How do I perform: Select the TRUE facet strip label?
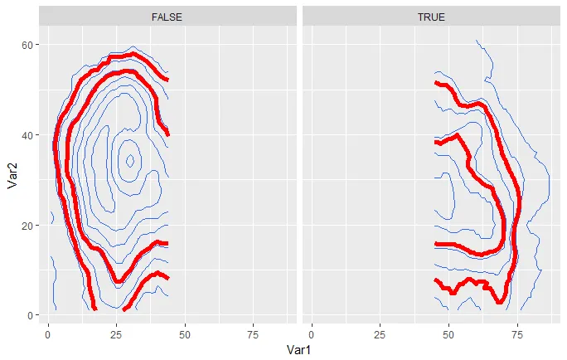(x=431, y=16)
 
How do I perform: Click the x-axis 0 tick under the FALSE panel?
(x=47, y=333)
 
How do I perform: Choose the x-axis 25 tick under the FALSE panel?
(x=116, y=333)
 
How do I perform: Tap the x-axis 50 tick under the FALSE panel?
(x=185, y=333)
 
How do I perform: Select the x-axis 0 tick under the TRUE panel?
(x=311, y=333)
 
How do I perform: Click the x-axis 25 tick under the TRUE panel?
(x=380, y=333)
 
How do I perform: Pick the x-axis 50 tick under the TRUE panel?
(x=448, y=333)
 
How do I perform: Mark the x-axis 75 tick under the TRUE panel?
(x=517, y=333)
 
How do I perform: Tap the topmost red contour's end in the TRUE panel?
(x=437, y=83)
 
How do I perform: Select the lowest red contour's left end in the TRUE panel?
(x=437, y=280)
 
